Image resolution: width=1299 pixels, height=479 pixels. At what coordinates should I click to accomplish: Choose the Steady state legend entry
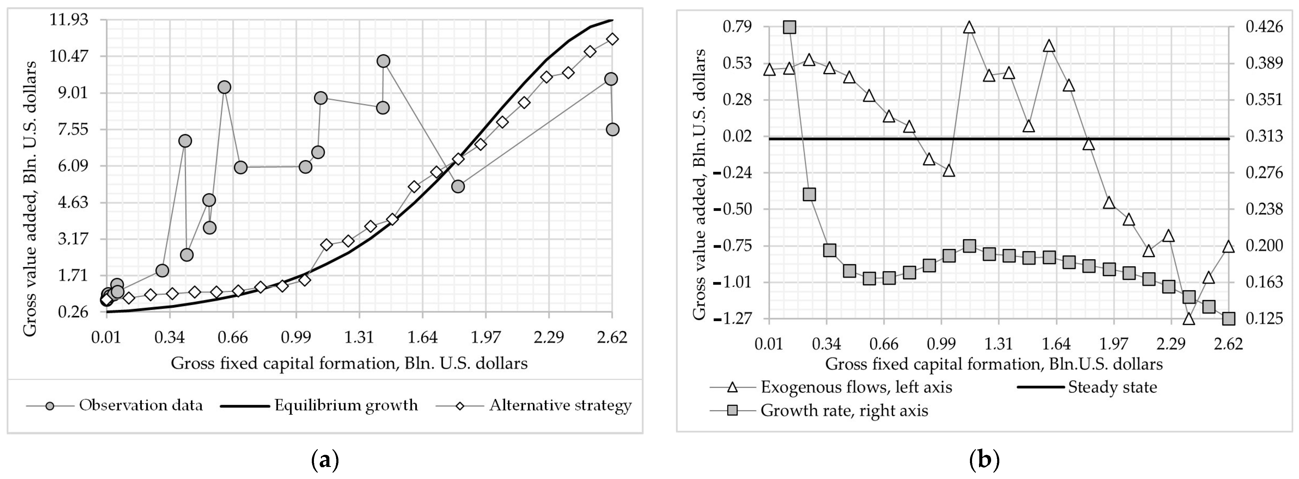point(1112,387)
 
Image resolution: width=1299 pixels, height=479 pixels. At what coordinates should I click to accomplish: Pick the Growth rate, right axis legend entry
point(844,410)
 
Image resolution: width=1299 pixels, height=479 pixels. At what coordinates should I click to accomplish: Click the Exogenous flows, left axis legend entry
point(856,387)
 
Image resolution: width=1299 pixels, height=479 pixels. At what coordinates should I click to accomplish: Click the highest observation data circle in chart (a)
point(383,61)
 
